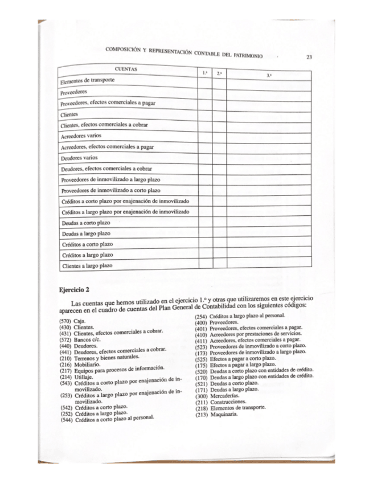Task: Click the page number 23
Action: pyautogui.click(x=308, y=57)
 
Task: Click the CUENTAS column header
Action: pyautogui.click(x=126, y=69)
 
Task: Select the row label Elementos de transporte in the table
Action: pyautogui.click(x=88, y=80)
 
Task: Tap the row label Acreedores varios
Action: pyautogui.click(x=81, y=136)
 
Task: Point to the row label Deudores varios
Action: pyautogui.click(x=79, y=158)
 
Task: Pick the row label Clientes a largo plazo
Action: pyautogui.click(x=87, y=265)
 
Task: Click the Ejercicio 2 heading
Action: pyautogui.click(x=75, y=289)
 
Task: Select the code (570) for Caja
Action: pyautogui.click(x=66, y=321)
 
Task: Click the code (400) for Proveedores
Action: pyautogui.click(x=201, y=323)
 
